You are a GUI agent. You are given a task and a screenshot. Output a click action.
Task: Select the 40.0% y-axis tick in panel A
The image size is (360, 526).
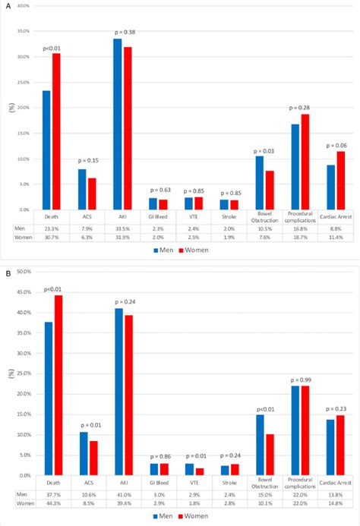tap(22, 6)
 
